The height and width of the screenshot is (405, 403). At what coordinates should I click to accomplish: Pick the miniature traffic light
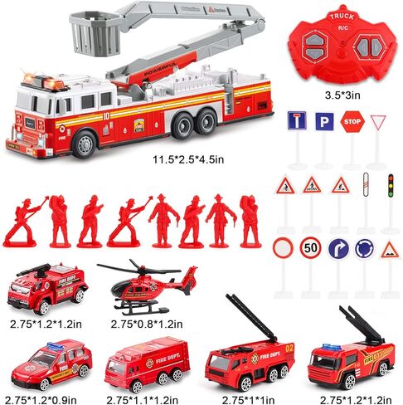click(390, 185)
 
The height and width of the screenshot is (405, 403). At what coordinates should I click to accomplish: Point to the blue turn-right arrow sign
click(338, 248)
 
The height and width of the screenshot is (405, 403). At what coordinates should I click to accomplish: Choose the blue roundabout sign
click(364, 248)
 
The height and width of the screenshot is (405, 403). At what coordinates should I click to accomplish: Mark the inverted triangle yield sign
click(379, 123)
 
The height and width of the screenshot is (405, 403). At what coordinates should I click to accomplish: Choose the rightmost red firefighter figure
click(249, 220)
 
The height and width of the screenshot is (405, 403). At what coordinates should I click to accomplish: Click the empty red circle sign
click(284, 248)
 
